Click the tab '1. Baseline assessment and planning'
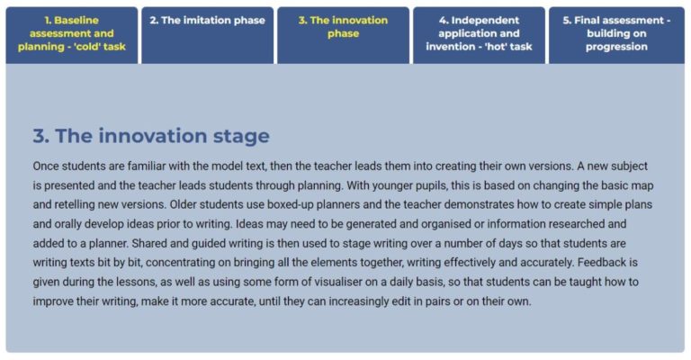(72, 33)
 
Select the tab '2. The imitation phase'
(207, 21)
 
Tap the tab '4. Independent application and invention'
(479, 33)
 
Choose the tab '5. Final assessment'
(616, 33)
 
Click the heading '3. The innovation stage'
(151, 136)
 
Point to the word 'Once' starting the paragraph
(48, 166)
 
